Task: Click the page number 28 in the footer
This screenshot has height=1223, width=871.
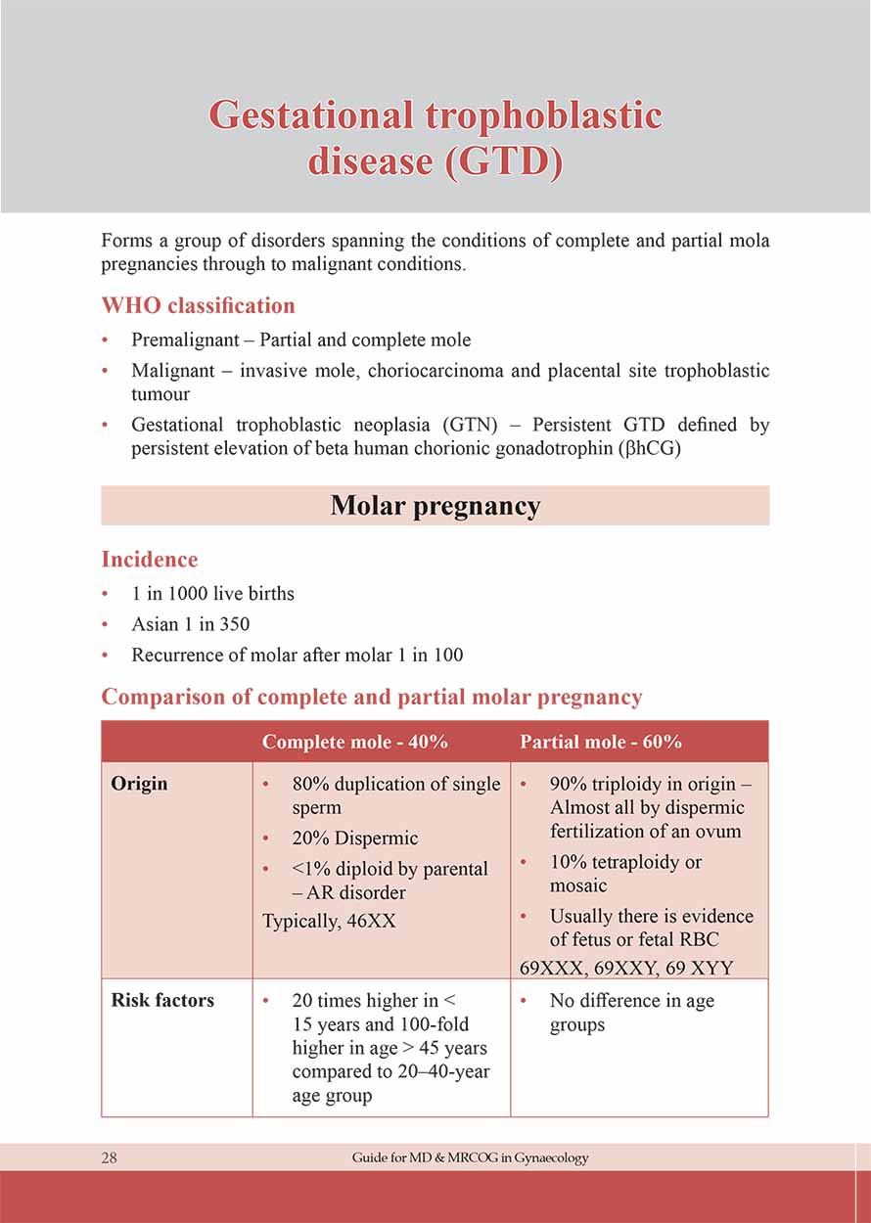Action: [x=109, y=1157]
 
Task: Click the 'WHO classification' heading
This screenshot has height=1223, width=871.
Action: [x=198, y=305]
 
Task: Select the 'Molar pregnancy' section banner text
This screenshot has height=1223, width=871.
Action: [x=435, y=506]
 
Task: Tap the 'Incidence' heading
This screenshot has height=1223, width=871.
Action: [x=150, y=560]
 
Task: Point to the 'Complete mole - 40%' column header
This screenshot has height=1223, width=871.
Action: [x=354, y=742]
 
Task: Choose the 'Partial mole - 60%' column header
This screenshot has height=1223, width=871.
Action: [x=601, y=742]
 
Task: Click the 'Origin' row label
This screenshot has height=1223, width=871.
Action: [x=139, y=784]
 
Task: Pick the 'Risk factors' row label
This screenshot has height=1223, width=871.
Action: [x=162, y=1000]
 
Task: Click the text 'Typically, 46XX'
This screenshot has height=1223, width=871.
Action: [x=329, y=921]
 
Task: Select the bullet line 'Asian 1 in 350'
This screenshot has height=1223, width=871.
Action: [x=190, y=624]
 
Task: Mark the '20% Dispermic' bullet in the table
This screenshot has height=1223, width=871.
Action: [x=354, y=838]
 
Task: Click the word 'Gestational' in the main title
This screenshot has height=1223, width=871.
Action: [x=311, y=115]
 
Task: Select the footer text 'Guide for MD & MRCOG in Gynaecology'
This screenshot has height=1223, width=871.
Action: [x=471, y=1157]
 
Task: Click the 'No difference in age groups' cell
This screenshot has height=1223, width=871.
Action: [x=631, y=1013]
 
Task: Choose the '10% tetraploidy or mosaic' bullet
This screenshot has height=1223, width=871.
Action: [x=625, y=874]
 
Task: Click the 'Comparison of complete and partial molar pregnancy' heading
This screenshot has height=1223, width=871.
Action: [x=372, y=698]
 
